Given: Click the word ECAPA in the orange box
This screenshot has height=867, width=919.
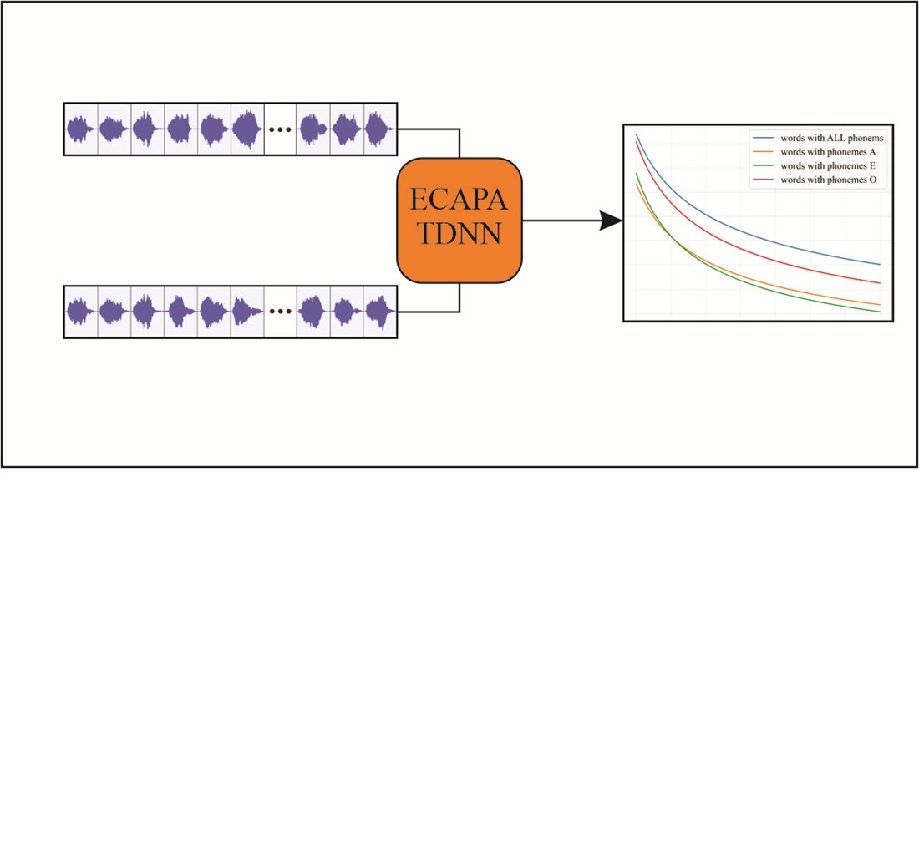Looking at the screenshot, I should pyautogui.click(x=459, y=201).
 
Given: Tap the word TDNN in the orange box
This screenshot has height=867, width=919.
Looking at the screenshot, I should pyautogui.click(x=459, y=234).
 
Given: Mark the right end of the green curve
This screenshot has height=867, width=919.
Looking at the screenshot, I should pyautogui.click(x=879, y=312).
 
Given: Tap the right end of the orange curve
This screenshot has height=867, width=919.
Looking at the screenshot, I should pyautogui.click(x=879, y=304).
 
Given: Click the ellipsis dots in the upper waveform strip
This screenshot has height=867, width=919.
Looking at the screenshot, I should pyautogui.click(x=280, y=129).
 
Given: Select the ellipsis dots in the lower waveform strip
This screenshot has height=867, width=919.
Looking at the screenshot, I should pyautogui.click(x=280, y=312).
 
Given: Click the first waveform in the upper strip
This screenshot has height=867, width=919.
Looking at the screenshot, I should pyautogui.click(x=81, y=129).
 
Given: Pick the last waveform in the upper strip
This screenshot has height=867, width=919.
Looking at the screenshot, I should pyautogui.click(x=380, y=129).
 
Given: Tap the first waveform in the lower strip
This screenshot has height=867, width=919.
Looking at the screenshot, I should pyautogui.click(x=81, y=312).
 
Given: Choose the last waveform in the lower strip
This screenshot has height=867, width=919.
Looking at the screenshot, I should pyautogui.click(x=380, y=312).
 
